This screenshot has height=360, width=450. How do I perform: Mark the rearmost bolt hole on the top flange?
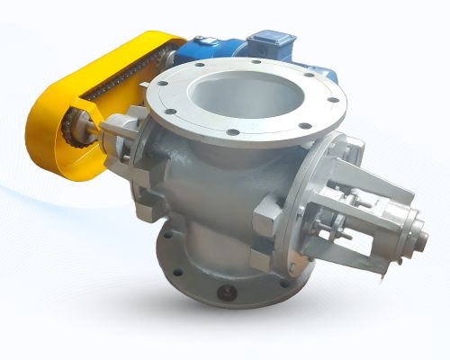[x=241, y=59]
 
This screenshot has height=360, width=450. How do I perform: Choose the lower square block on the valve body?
[x=261, y=260]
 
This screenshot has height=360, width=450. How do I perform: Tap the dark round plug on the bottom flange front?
[x=222, y=294]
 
